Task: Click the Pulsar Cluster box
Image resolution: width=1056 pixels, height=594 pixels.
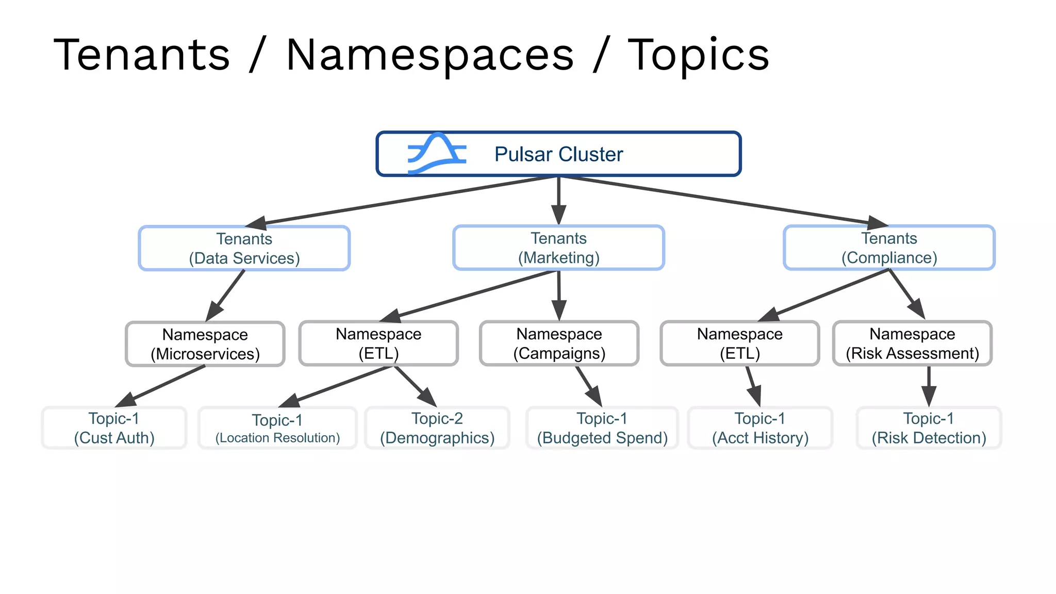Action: click(x=558, y=154)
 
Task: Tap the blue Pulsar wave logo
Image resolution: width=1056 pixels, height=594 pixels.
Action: click(x=437, y=154)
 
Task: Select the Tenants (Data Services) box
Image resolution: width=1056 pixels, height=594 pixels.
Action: click(x=244, y=248)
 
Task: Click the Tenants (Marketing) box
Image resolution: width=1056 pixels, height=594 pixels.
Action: click(x=558, y=247)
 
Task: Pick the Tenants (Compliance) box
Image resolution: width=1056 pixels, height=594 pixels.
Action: click(x=889, y=247)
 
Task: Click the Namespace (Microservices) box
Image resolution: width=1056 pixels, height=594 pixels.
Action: click(x=205, y=344)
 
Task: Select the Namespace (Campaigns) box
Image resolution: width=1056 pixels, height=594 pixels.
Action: click(x=559, y=343)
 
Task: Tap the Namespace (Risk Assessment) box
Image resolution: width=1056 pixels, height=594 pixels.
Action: click(x=912, y=343)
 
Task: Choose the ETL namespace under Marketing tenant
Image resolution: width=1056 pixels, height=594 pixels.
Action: click(x=378, y=343)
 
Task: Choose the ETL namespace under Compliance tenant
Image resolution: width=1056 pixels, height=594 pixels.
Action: click(x=739, y=343)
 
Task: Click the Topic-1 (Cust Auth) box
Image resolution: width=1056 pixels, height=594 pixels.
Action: click(x=114, y=428)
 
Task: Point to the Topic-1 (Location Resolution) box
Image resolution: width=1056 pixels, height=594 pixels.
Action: click(x=277, y=428)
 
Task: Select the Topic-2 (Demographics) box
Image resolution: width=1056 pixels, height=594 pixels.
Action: click(x=437, y=428)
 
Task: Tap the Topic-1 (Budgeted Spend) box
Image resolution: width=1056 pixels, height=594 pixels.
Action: click(x=602, y=428)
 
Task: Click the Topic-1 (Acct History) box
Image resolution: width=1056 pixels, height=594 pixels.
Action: click(x=760, y=428)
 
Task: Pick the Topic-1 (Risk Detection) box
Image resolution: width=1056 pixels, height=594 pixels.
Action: click(x=929, y=428)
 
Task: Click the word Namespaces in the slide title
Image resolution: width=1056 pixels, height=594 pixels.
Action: click(x=430, y=55)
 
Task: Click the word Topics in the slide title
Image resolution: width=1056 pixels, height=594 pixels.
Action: click(x=698, y=55)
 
